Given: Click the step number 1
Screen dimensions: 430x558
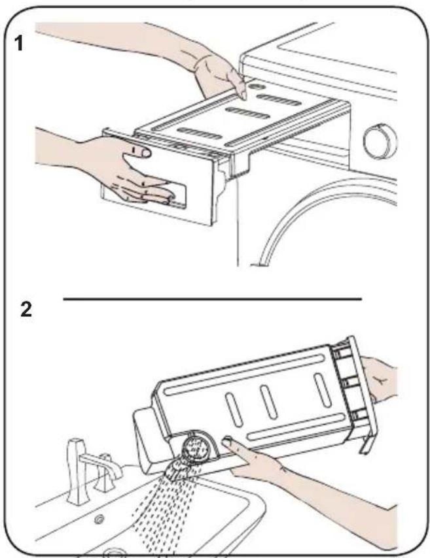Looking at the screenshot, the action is (18, 44).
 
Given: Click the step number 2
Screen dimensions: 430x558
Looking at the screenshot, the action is (26, 309).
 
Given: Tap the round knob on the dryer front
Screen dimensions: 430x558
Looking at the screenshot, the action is (380, 141).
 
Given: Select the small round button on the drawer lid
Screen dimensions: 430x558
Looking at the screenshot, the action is (255, 86).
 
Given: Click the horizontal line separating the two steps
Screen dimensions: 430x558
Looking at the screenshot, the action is (213, 299).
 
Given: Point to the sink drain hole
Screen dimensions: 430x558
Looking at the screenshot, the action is (99, 519).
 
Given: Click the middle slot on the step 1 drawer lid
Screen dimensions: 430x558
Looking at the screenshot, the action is (247, 113).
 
